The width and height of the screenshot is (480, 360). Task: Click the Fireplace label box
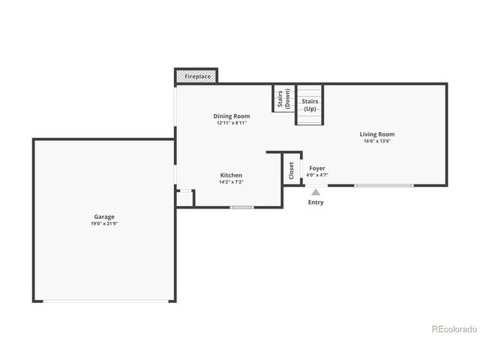(x=196, y=76)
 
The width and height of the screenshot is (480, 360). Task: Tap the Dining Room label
(x=231, y=116)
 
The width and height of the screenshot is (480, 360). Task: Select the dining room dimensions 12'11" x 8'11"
(x=231, y=123)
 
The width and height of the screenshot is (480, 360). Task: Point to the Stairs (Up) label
(x=310, y=104)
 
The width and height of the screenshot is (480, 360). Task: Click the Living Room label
(x=376, y=134)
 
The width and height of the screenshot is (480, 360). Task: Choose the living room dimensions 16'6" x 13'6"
(x=376, y=141)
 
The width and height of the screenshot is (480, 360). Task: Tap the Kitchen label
(x=230, y=175)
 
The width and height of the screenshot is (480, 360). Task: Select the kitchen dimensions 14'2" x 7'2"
(x=230, y=182)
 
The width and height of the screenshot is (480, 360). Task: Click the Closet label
(x=291, y=170)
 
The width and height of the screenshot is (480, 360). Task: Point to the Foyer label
(x=316, y=169)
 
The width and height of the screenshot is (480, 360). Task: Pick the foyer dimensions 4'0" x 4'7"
(x=316, y=175)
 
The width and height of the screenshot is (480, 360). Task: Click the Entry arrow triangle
(x=316, y=193)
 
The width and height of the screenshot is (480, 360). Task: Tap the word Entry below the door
(x=316, y=202)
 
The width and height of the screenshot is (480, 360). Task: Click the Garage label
(x=103, y=217)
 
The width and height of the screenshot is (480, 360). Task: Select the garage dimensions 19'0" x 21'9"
(x=103, y=223)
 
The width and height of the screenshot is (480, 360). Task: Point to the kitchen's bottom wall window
(x=241, y=207)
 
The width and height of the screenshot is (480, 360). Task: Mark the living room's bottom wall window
(x=383, y=185)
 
